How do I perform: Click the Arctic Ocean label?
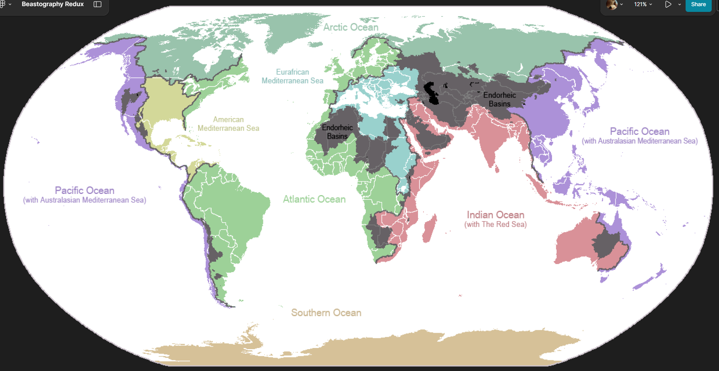pyautogui.click(x=350, y=27)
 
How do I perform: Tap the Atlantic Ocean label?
pyautogui.click(x=314, y=199)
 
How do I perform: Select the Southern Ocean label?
pyautogui.click(x=326, y=313)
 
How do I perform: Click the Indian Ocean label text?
pyautogui.click(x=495, y=215)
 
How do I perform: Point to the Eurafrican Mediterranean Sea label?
pyautogui.click(x=292, y=76)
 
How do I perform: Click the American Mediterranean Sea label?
pyautogui.click(x=228, y=124)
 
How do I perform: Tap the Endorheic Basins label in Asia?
pyautogui.click(x=499, y=99)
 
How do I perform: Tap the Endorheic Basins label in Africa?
pyautogui.click(x=337, y=132)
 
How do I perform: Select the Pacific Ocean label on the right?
pyautogui.click(x=640, y=131)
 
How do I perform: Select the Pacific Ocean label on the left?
pyautogui.click(x=84, y=190)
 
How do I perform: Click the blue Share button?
pyautogui.click(x=698, y=5)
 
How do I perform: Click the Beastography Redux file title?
pyautogui.click(x=53, y=4)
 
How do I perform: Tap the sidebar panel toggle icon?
pyautogui.click(x=98, y=4)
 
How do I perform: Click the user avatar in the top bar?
pyautogui.click(x=612, y=4)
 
